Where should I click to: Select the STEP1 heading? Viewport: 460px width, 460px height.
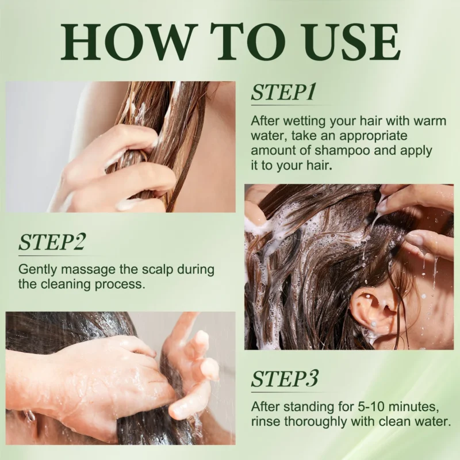(283, 92)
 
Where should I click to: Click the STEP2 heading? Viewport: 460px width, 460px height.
(52, 242)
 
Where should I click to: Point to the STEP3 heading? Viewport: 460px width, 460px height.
(285, 380)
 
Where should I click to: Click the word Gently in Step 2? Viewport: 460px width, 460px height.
(37, 269)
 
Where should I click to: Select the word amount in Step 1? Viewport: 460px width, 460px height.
(272, 151)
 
